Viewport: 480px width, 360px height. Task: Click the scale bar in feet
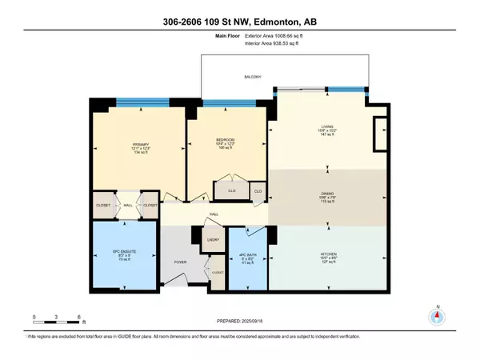click(57, 323)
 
